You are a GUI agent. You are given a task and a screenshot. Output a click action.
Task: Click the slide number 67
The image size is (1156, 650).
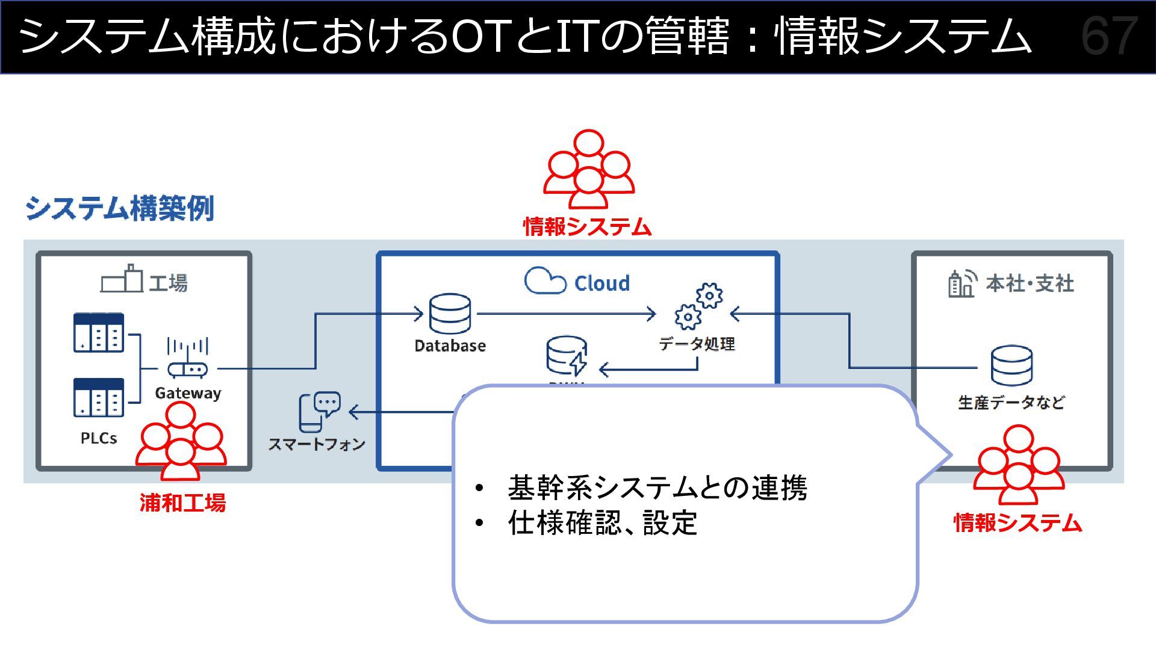[1108, 36]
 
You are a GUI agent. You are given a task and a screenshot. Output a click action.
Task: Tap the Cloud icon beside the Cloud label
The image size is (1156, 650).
[544, 281]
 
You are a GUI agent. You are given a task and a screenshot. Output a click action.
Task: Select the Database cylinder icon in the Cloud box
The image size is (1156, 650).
[450, 314]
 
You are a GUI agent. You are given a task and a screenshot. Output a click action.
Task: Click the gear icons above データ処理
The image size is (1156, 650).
[698, 306]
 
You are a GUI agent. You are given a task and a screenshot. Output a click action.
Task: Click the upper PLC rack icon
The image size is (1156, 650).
[99, 332]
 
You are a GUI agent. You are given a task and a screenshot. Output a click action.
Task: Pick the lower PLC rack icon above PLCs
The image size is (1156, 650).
[99, 397]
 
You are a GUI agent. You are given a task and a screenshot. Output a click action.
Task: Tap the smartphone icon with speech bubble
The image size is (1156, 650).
[319, 412]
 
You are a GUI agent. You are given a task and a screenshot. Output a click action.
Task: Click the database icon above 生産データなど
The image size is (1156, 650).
[1011, 365]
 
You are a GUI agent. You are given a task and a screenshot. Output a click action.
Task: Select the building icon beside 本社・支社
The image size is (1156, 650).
[962, 283]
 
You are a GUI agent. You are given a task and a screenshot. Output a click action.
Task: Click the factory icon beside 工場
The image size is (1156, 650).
[122, 279]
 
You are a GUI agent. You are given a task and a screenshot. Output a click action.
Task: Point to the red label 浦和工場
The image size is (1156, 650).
[182, 503]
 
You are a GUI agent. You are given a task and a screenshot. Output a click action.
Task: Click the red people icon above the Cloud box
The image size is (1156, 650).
[588, 170]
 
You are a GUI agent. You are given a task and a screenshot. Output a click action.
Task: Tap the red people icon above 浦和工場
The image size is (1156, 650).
[181, 441]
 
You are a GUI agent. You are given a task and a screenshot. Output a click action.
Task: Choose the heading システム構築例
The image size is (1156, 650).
[120, 208]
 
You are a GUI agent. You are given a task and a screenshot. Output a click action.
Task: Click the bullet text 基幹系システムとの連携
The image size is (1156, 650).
[657, 487]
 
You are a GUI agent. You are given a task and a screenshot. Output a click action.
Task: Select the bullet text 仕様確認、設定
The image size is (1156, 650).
[602, 523]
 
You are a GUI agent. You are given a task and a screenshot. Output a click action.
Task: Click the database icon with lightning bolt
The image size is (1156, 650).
[567, 356]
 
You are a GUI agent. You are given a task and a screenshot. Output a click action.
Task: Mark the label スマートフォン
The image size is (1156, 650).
[317, 444]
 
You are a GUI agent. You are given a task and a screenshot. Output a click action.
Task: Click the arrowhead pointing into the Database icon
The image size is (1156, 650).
[418, 314]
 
